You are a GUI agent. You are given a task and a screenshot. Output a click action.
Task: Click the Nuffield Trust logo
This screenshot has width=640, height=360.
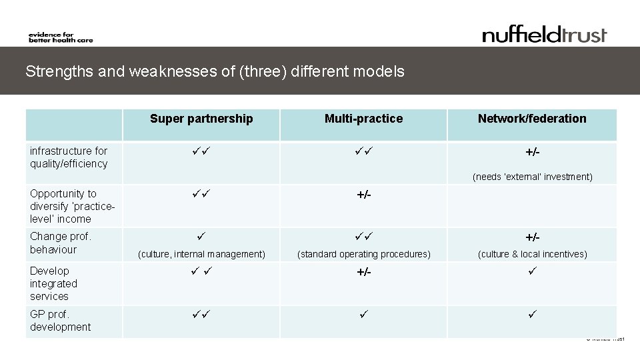click(545, 34)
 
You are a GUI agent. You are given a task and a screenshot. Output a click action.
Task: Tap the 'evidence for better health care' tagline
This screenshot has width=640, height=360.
click(61, 37)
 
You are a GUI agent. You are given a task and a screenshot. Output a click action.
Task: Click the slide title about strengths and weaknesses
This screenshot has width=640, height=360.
click(215, 71)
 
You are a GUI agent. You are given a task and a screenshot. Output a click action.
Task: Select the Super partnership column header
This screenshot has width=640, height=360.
click(201, 119)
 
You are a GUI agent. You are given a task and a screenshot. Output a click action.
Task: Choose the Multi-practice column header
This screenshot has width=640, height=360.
click(363, 119)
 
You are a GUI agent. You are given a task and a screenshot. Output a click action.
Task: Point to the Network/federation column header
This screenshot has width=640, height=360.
click(532, 119)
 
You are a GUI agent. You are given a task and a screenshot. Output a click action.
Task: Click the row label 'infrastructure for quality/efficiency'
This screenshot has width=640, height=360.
click(69, 157)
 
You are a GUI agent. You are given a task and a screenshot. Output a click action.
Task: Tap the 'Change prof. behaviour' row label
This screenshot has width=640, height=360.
click(61, 243)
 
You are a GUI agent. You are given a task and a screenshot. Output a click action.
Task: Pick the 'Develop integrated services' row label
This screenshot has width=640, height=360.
click(53, 283)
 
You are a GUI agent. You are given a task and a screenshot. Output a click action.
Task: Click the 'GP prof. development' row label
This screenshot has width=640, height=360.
click(60, 321)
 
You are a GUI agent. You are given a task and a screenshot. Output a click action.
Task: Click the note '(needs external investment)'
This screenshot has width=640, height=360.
click(532, 177)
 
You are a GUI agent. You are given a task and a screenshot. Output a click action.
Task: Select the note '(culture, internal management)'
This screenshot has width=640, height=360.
click(201, 254)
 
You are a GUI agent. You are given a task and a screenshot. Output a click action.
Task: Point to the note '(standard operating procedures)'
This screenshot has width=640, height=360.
click(364, 254)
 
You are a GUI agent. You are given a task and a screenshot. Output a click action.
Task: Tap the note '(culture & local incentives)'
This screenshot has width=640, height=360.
click(532, 254)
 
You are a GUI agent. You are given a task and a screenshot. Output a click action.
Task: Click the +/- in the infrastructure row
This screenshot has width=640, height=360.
click(532, 153)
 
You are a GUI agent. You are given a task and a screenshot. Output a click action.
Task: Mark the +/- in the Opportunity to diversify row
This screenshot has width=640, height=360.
click(364, 195)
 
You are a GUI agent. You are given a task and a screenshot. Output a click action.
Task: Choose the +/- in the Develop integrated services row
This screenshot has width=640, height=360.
click(364, 272)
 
